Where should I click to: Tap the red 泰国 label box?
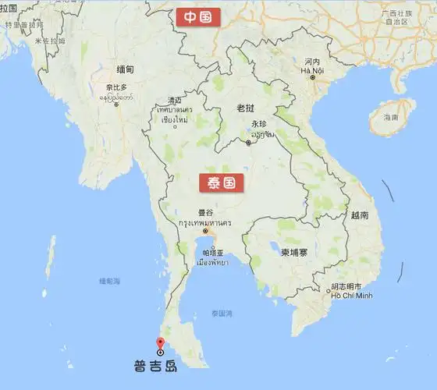[222, 183]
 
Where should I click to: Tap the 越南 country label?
[360, 214]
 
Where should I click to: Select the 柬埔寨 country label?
[295, 252]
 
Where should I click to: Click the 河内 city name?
[312, 61]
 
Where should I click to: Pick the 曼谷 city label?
[205, 212]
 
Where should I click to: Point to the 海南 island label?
[391, 117]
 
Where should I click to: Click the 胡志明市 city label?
[344, 285]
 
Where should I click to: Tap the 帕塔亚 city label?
[213, 253]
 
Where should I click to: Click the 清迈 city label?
[174, 100]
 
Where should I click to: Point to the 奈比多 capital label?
[117, 87]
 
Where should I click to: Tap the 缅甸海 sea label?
[109, 281]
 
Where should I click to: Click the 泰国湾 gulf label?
[222, 314]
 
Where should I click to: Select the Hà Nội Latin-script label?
[312, 70]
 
